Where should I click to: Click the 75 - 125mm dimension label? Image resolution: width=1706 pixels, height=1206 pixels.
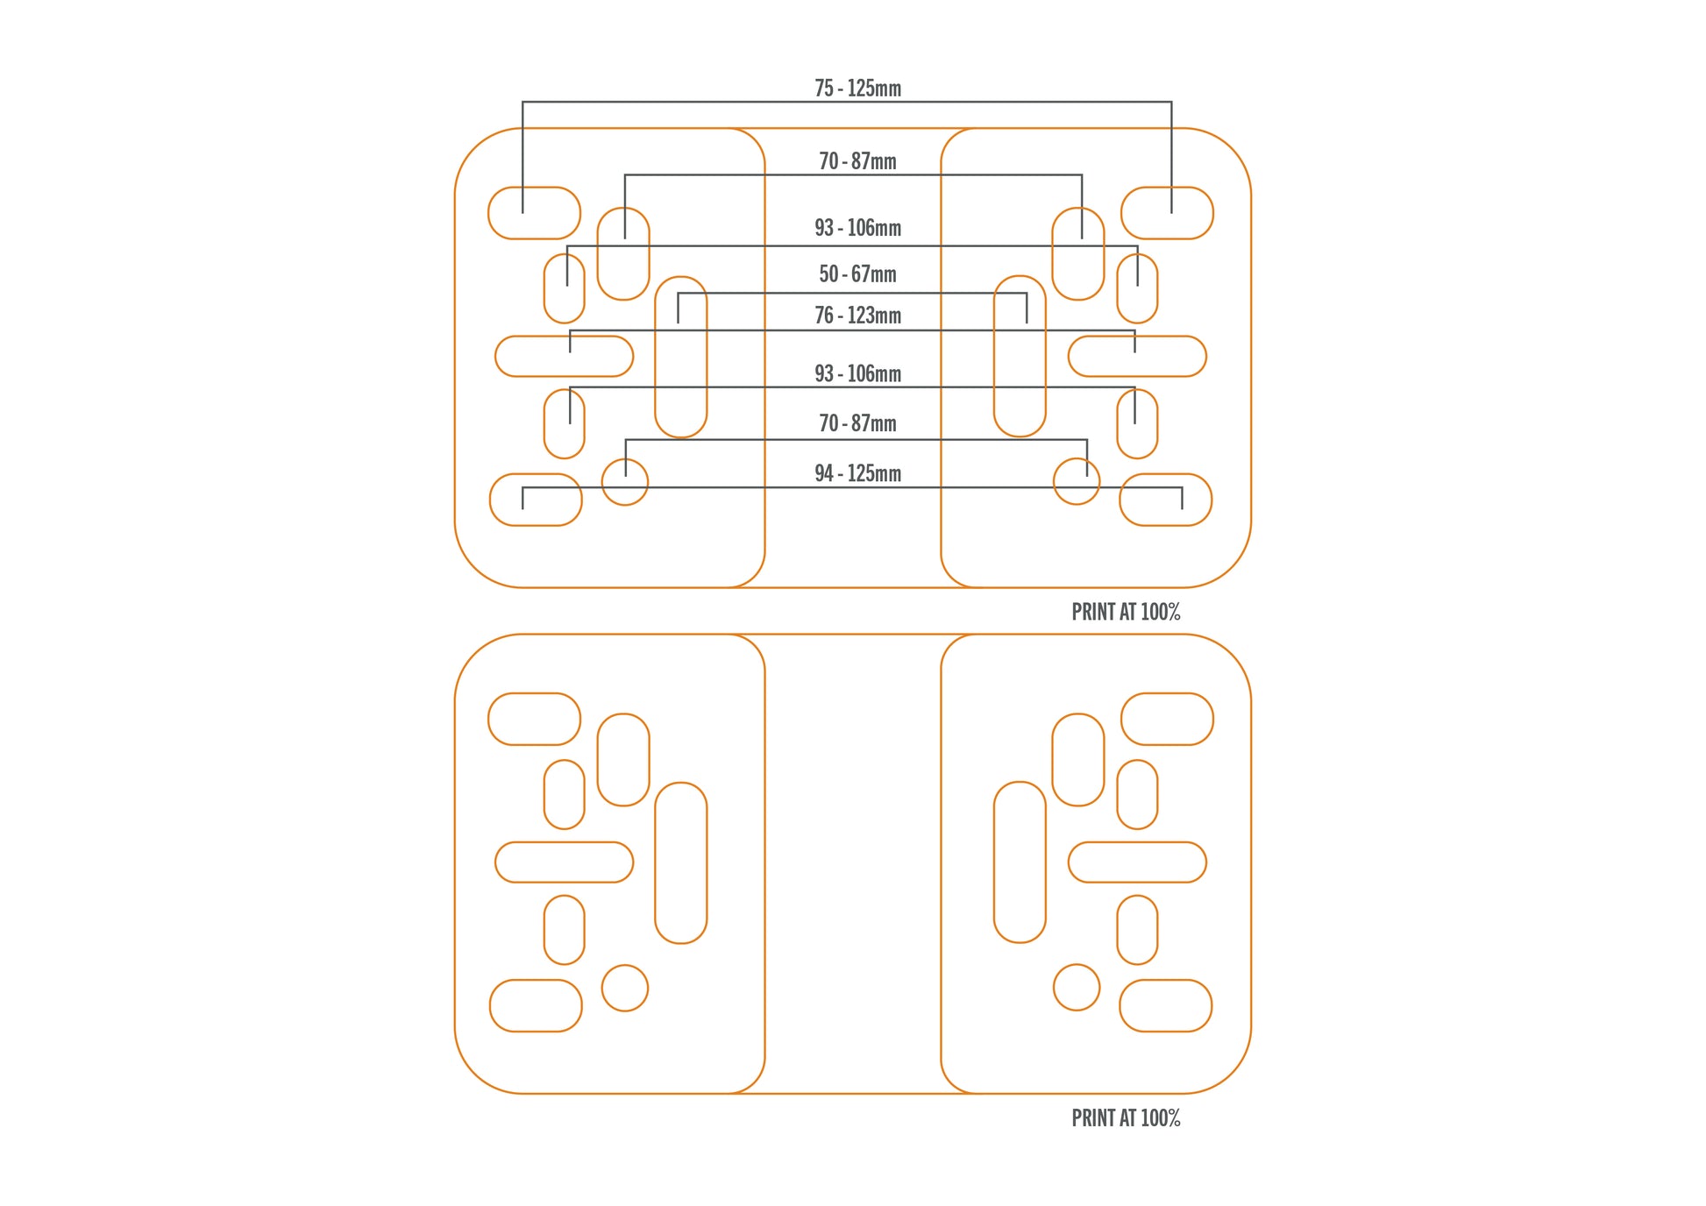point(857,89)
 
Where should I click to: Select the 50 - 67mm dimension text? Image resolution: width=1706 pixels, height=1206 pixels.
point(857,274)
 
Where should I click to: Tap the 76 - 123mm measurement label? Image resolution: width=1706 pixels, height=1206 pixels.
point(857,316)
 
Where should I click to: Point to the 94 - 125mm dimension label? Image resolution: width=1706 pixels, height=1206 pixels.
point(857,473)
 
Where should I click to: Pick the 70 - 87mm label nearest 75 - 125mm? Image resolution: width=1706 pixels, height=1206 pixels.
point(857,161)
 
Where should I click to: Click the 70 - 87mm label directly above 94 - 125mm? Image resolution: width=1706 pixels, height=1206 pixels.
point(857,423)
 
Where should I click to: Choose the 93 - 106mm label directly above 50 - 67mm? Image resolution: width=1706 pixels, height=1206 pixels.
point(857,228)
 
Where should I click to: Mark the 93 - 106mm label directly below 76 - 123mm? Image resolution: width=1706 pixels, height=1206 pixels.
point(857,373)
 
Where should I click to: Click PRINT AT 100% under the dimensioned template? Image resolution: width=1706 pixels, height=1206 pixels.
point(1126,612)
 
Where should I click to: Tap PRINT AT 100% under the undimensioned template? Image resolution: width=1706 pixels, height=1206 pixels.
point(1126,1118)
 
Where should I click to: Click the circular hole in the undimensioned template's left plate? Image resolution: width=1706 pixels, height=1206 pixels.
point(625,988)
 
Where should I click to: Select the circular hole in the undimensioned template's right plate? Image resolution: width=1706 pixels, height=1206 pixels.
point(1077,988)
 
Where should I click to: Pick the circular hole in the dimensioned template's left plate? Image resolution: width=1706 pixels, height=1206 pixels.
point(625,482)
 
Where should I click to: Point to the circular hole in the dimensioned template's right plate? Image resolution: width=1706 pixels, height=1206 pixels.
point(1077,482)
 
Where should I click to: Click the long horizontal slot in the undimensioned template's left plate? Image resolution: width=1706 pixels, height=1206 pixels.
point(564,862)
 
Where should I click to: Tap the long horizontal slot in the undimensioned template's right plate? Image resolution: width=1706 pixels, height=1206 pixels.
point(1137,862)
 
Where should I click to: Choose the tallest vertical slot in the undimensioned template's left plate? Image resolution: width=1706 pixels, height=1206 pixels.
point(681,862)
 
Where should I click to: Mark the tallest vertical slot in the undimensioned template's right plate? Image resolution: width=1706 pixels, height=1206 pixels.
point(1020,862)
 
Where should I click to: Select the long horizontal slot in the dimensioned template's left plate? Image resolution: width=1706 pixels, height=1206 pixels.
point(564,357)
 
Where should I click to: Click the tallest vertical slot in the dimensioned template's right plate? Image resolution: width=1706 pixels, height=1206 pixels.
point(1020,357)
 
